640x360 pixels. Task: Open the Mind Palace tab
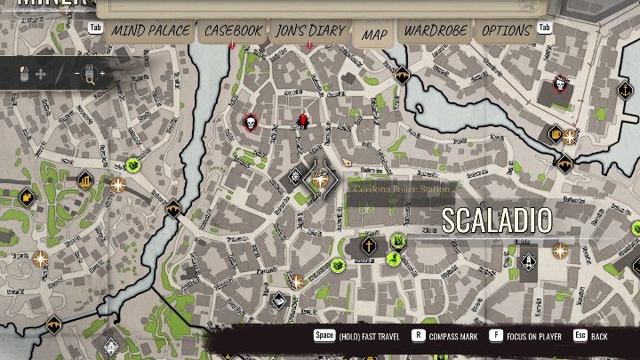[150, 31]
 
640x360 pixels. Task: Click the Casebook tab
[233, 31]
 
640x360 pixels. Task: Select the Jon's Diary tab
[309, 31]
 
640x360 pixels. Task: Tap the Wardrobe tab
[435, 31]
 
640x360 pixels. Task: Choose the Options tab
[506, 31]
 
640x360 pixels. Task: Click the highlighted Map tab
[374, 35]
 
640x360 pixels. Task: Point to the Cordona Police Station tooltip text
[403, 188]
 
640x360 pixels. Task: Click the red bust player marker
[302, 120]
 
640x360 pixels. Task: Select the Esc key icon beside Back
[580, 336]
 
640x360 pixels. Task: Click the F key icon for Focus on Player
[495, 336]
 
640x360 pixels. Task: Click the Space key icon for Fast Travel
[324, 336]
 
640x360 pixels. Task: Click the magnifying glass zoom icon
[90, 78]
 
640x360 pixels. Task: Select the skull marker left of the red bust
[250, 123]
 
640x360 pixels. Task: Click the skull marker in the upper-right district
[560, 84]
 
